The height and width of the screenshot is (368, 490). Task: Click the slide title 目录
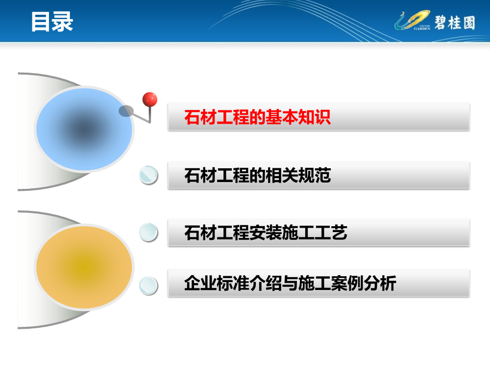(x=52, y=22)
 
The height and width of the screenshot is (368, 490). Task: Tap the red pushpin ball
(x=149, y=100)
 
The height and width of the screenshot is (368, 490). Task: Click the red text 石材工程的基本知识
(x=257, y=117)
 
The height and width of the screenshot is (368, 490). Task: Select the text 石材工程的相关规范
(x=258, y=175)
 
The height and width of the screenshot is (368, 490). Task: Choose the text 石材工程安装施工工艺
(x=266, y=233)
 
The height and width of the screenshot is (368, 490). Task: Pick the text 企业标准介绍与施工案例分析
(x=290, y=283)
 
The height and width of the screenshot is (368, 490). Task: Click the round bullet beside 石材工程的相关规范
(x=148, y=175)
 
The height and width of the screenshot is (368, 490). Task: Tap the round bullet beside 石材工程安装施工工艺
(x=148, y=232)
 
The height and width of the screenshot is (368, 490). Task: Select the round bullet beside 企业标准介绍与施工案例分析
(x=148, y=286)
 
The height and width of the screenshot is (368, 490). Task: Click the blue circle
(x=84, y=129)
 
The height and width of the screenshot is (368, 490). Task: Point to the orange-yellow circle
(x=84, y=267)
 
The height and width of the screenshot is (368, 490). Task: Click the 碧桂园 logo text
(x=455, y=23)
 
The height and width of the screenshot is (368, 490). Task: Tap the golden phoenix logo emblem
(x=413, y=20)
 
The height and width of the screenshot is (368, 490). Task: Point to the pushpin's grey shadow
(x=126, y=111)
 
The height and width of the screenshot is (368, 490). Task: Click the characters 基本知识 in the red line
(x=298, y=117)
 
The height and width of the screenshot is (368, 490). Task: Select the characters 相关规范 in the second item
(x=298, y=175)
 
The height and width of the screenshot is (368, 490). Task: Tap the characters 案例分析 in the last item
(x=364, y=283)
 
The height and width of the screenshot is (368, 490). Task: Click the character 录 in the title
(x=63, y=22)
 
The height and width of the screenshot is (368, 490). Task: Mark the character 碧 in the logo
(x=441, y=23)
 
